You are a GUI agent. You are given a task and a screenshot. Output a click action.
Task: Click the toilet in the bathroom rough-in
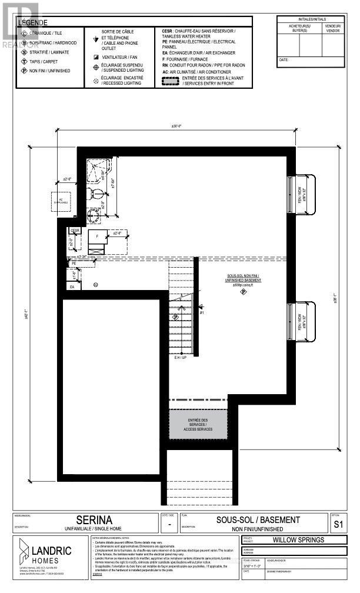97,194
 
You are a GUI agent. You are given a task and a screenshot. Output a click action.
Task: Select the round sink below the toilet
94,215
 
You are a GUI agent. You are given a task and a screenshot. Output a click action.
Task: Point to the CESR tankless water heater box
75,231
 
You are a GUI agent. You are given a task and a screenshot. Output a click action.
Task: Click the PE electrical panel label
74,264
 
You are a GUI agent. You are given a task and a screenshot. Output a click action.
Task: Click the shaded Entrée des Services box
198,425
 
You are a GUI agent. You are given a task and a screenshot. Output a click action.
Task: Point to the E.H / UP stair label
181,357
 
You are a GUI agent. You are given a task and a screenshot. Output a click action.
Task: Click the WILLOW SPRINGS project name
303,539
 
